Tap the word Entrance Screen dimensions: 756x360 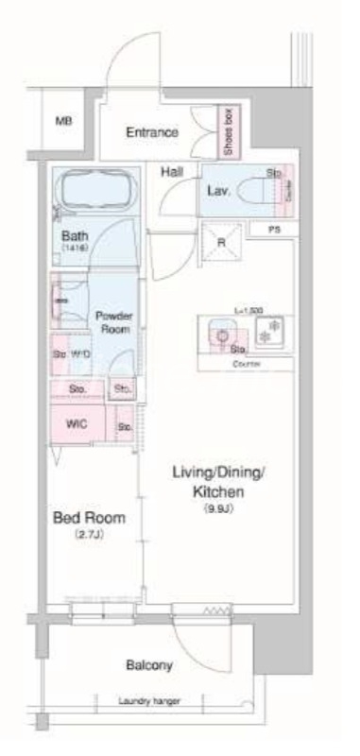pyautogui.click(x=152, y=132)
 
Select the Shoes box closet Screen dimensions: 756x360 pyautogui.click(x=229, y=131)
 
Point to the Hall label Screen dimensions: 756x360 pyautogui.click(x=171, y=171)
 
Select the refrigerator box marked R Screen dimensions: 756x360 pyautogui.click(x=223, y=241)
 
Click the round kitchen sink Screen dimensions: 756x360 pyautogui.click(x=221, y=333)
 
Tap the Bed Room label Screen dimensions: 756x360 pyautogui.click(x=83, y=520)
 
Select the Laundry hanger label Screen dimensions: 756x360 pyautogui.click(x=149, y=701)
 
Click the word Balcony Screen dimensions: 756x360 pyautogui.click(x=149, y=665)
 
